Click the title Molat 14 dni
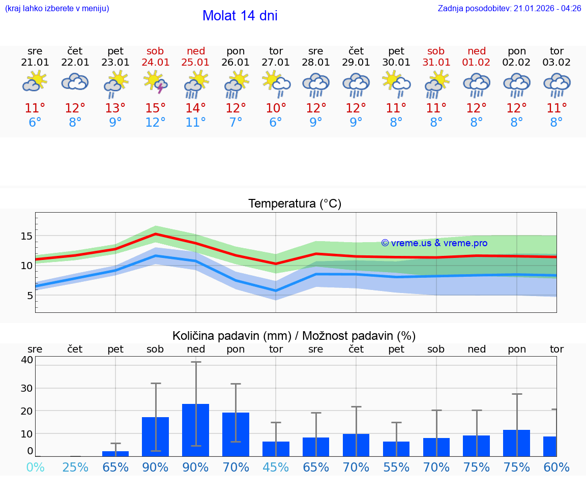pyautogui.click(x=240, y=16)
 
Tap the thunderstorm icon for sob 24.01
pyautogui.click(x=156, y=82)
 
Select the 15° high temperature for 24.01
pyautogui.click(x=156, y=108)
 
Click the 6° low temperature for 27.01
pyautogui.click(x=276, y=123)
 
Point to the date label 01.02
pyautogui.click(x=477, y=63)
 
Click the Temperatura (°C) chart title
pyautogui.click(x=295, y=204)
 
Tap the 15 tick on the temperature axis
pyautogui.click(x=26, y=236)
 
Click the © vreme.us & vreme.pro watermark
pyautogui.click(x=434, y=243)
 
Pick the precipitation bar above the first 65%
pyautogui.click(x=115, y=453)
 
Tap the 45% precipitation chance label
pyautogui.click(x=276, y=467)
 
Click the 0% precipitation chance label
pyautogui.click(x=35, y=467)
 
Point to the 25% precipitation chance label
pyautogui.click(x=75, y=467)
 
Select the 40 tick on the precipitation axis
pyautogui.click(x=26, y=360)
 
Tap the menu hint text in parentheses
pyautogui.click(x=56, y=9)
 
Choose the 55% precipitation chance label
pyautogui.click(x=396, y=467)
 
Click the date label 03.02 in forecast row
pyautogui.click(x=556, y=63)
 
